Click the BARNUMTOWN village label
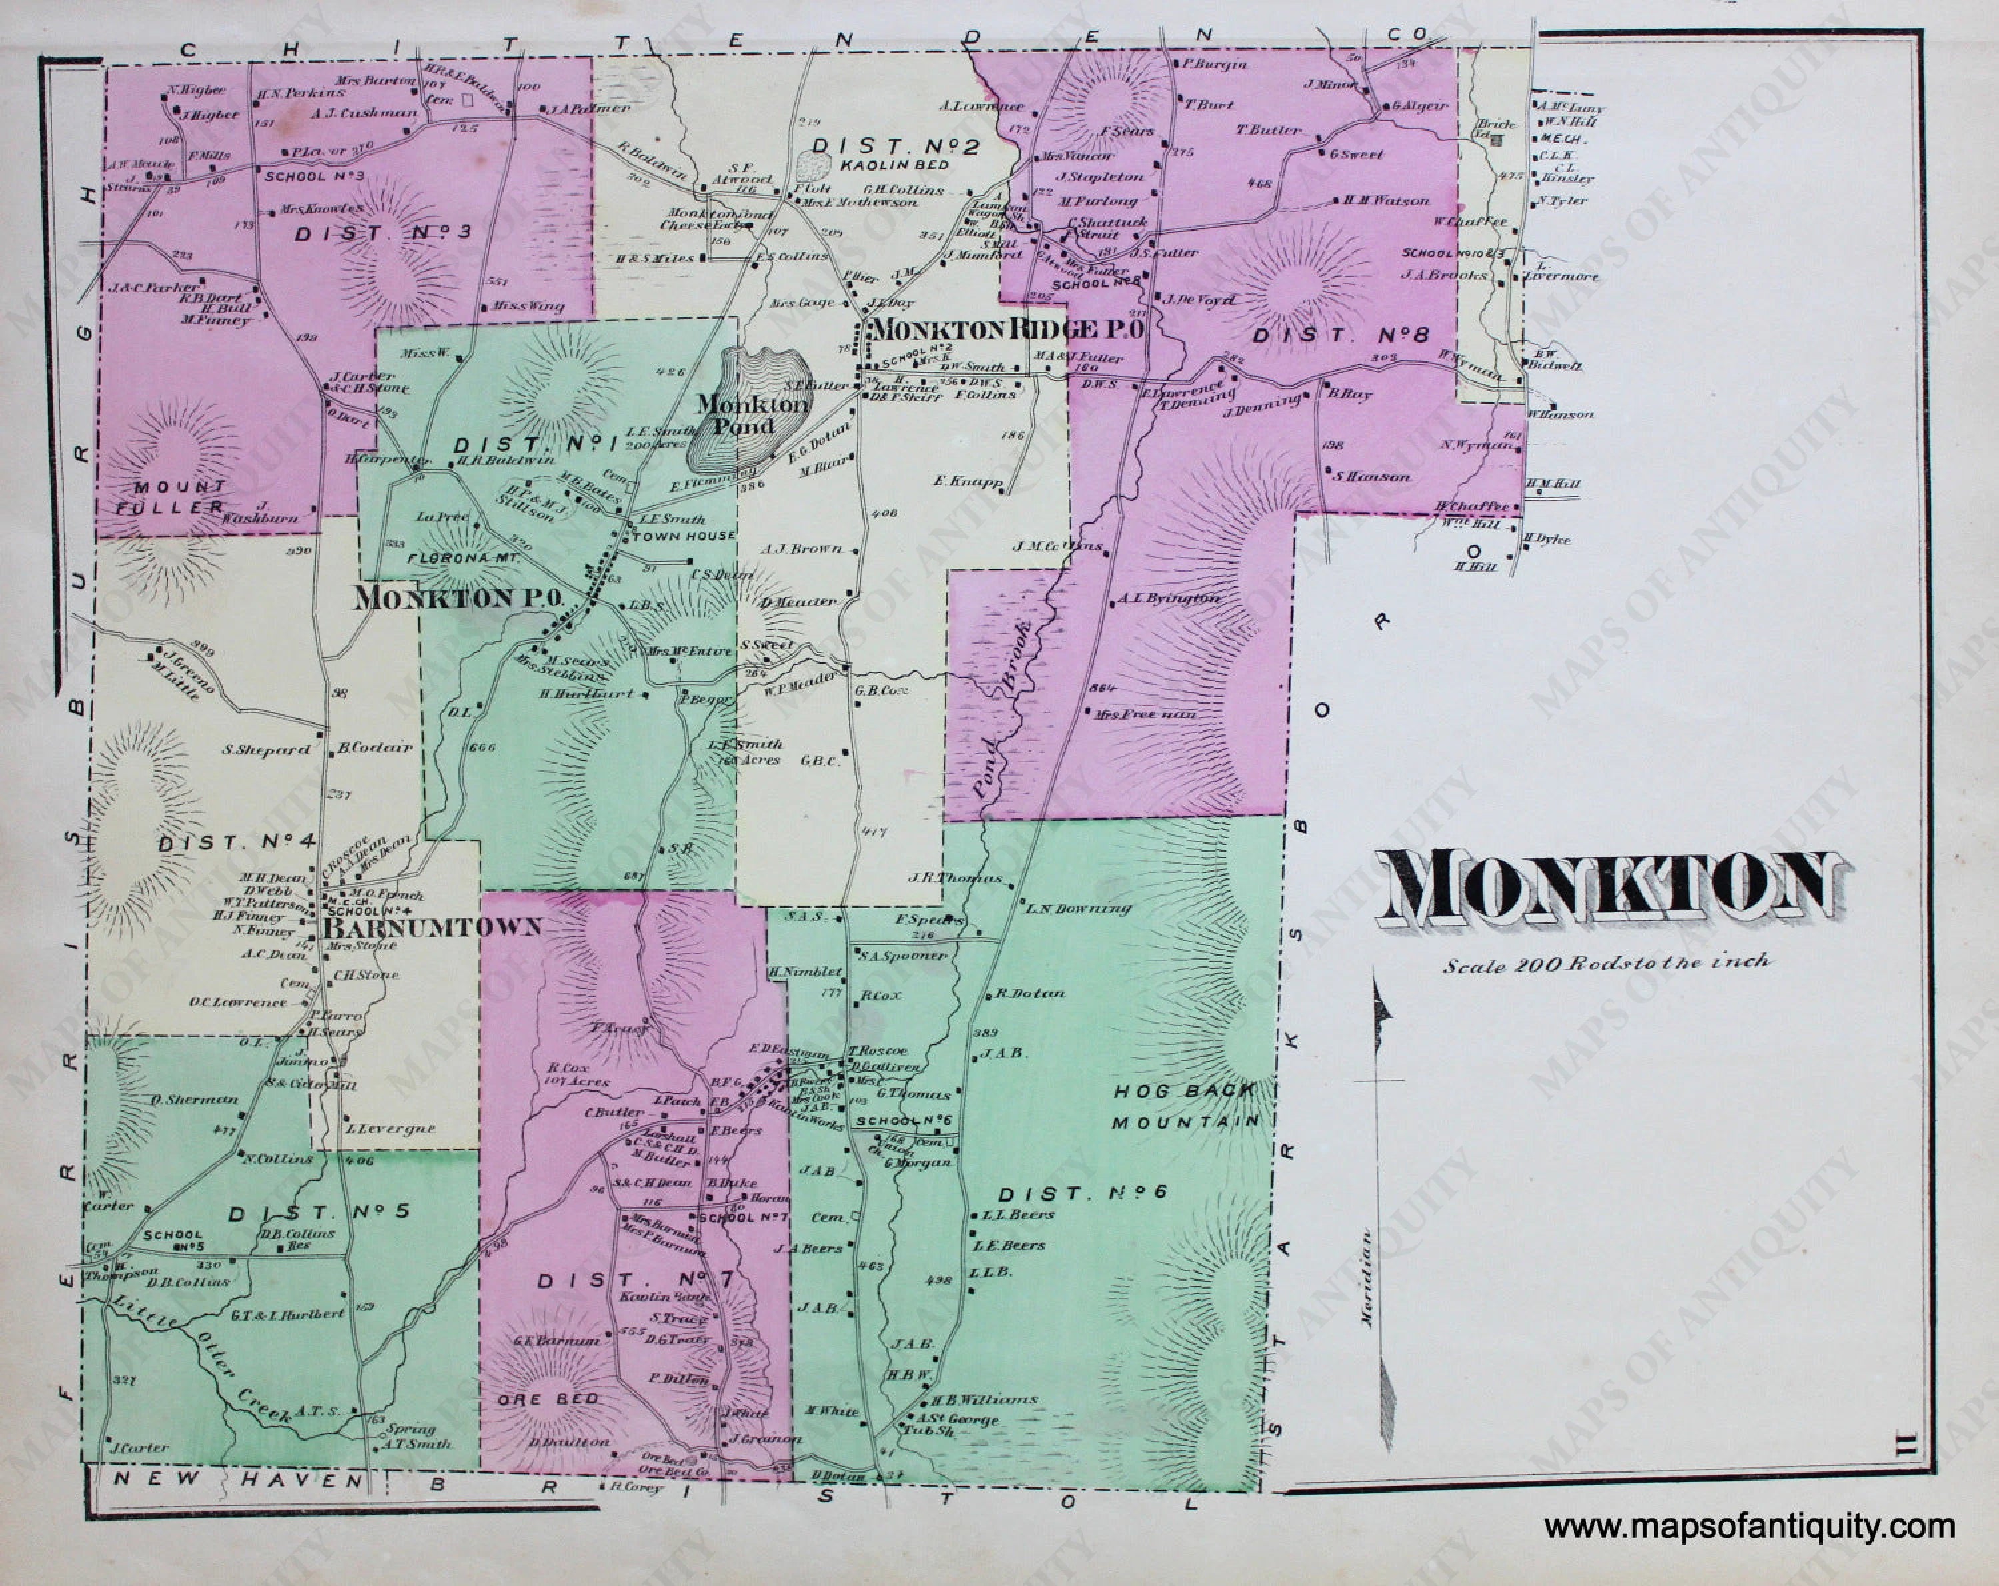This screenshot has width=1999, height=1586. [x=431, y=928]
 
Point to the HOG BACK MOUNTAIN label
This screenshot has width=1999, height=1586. [x=1186, y=1106]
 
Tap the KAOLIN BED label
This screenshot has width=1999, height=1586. [x=895, y=165]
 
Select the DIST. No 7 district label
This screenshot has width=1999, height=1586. [x=636, y=1281]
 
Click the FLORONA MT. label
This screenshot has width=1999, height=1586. [x=464, y=560]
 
